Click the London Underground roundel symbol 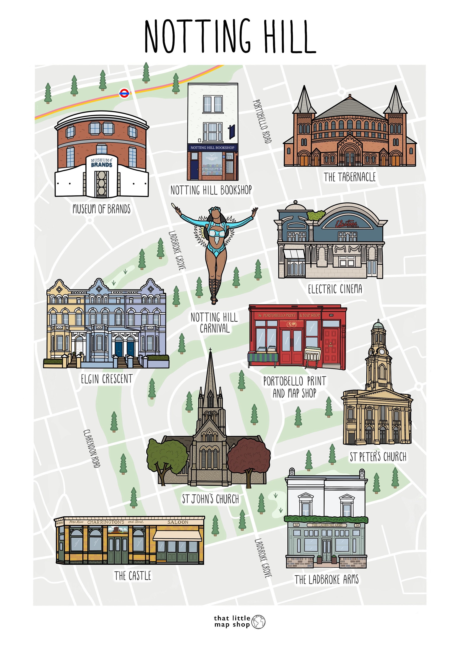pyautogui.click(x=124, y=93)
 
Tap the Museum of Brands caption pyautogui.click(x=101, y=209)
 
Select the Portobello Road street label pyautogui.click(x=262, y=122)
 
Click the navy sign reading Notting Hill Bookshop pyautogui.click(x=212, y=148)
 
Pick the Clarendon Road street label pyautogui.click(x=92, y=449)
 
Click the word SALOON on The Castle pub pyautogui.click(x=178, y=522)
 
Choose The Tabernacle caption pyautogui.click(x=349, y=177)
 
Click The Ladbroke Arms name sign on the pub pyautogui.click(x=327, y=525)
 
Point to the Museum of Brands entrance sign pyautogui.click(x=101, y=163)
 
